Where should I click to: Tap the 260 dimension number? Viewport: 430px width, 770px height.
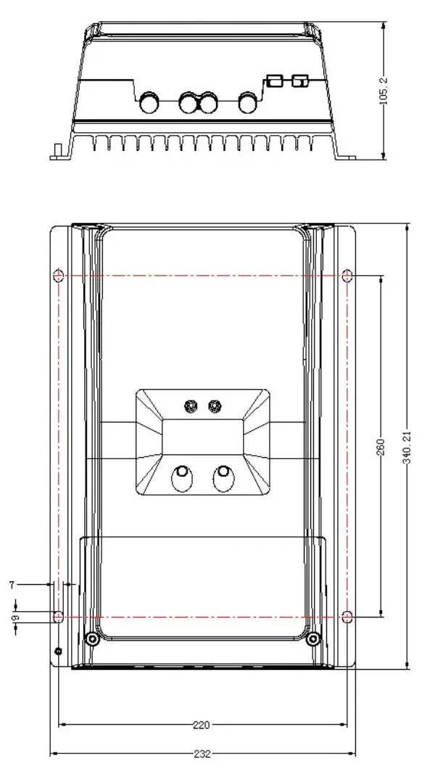point(381,447)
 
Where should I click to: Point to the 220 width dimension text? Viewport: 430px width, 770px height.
point(202,724)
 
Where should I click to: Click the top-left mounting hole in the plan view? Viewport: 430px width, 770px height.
point(59,276)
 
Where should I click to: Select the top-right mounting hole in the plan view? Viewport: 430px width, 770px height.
point(347,276)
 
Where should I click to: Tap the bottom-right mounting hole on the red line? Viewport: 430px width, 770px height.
point(347,617)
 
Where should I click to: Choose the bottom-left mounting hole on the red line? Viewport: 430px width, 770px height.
point(59,617)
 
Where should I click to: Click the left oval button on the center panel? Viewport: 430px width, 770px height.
point(181,478)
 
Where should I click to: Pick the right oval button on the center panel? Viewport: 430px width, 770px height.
point(223,478)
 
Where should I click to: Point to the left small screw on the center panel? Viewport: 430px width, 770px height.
point(192,405)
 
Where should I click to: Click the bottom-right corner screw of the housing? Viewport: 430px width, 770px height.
point(313,639)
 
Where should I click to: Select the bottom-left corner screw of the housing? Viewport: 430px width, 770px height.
point(92,639)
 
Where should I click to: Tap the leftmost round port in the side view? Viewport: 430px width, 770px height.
point(150,102)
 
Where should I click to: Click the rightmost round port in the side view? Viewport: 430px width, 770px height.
point(249,102)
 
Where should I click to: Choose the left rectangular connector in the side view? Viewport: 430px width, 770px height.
point(274,80)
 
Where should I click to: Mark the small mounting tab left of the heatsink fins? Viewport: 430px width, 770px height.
point(55,150)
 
